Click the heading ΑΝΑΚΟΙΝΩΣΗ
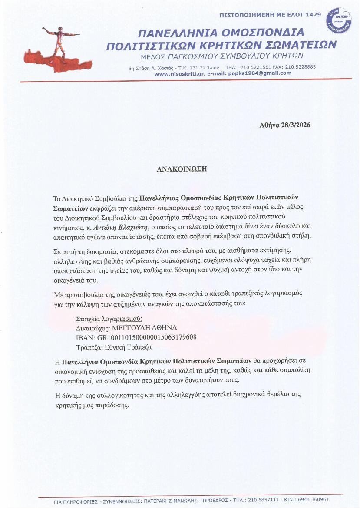pyautogui.click(x=182, y=169)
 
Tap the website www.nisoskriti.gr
pyautogui.click(x=179, y=73)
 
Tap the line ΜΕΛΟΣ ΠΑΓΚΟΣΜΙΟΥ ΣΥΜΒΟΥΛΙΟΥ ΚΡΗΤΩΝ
pyautogui.click(x=221, y=57)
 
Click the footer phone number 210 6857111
pyautogui.click(x=266, y=500)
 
